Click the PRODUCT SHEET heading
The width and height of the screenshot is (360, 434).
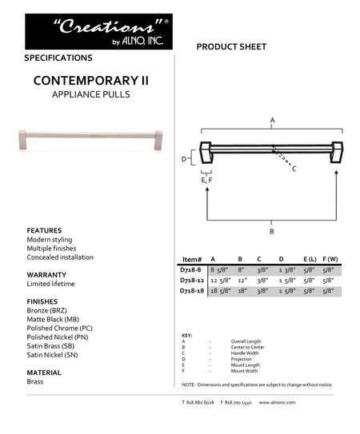[x=231, y=48]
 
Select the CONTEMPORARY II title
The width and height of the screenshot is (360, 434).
[x=90, y=82]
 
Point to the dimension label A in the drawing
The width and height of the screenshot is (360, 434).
[x=273, y=121]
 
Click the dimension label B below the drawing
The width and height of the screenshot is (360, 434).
[x=272, y=231]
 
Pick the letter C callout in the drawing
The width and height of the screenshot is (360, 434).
[x=294, y=169]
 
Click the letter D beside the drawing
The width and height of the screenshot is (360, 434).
[x=183, y=159]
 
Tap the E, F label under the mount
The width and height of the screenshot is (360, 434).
[x=206, y=181]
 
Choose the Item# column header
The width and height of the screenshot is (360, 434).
[x=192, y=260]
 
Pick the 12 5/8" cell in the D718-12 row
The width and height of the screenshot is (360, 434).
[x=219, y=281]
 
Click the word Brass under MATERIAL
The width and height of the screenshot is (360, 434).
[x=35, y=381]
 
